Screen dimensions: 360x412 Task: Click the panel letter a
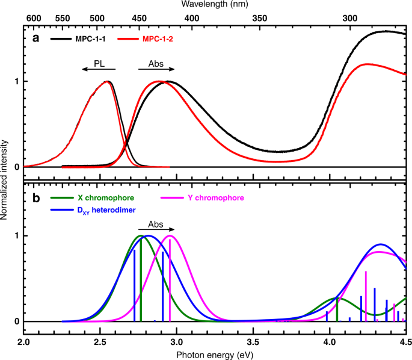[36, 38]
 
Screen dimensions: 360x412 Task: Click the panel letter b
[36, 197]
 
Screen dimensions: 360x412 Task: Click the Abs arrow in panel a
[156, 69]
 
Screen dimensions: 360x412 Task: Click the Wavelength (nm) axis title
[215, 6]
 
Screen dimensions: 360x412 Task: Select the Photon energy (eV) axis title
[215, 354]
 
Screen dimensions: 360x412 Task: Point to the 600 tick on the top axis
[34, 19]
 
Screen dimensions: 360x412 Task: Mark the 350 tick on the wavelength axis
[258, 19]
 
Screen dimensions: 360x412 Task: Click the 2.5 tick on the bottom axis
[100, 341]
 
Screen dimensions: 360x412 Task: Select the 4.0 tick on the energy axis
[330, 341]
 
